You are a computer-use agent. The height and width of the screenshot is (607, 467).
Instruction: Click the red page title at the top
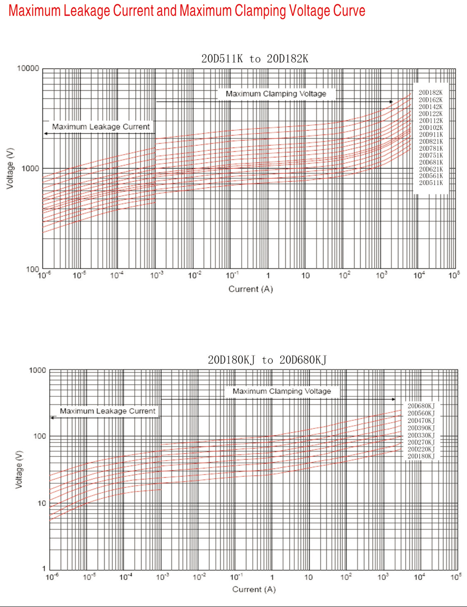click(187, 11)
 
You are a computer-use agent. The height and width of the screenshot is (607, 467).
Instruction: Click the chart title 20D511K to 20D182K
click(255, 59)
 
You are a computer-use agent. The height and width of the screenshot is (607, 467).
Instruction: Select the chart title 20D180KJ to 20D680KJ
click(267, 360)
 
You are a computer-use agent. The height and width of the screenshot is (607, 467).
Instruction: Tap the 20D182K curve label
click(431, 92)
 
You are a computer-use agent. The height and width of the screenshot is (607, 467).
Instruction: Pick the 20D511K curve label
click(431, 183)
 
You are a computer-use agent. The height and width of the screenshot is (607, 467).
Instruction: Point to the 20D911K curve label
click(431, 134)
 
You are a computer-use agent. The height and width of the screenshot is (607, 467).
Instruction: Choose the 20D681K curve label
click(431, 162)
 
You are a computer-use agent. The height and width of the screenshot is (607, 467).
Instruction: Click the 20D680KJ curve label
click(421, 406)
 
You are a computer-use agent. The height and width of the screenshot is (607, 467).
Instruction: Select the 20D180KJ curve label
click(421, 456)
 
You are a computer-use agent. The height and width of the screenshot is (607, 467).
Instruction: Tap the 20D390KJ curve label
click(421, 428)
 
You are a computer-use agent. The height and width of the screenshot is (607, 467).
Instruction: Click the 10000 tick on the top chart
click(28, 68)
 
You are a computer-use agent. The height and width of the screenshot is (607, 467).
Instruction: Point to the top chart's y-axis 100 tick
click(32, 269)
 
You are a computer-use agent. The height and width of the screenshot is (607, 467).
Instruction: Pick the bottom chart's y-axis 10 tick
click(40, 503)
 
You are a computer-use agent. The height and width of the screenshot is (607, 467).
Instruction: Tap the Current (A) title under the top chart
click(250, 289)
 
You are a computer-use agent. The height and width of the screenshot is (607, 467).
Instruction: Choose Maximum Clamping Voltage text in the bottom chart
click(282, 391)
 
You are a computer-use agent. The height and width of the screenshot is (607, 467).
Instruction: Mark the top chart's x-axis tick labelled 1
click(268, 276)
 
